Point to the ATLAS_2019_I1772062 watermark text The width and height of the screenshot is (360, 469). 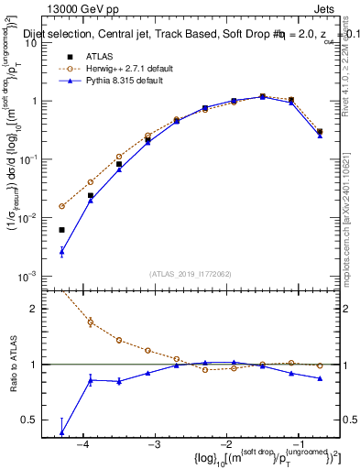pyautogui.click(x=191, y=274)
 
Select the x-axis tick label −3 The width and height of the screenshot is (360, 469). pyautogui.click(x=154, y=444)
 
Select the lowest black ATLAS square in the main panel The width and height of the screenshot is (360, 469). pyautogui.click(x=61, y=230)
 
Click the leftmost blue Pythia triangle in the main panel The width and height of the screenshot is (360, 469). pyautogui.click(x=61, y=251)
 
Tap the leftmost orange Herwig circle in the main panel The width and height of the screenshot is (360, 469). pyautogui.click(x=61, y=206)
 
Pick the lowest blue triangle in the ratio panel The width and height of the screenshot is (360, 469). pyautogui.click(x=61, y=432)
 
